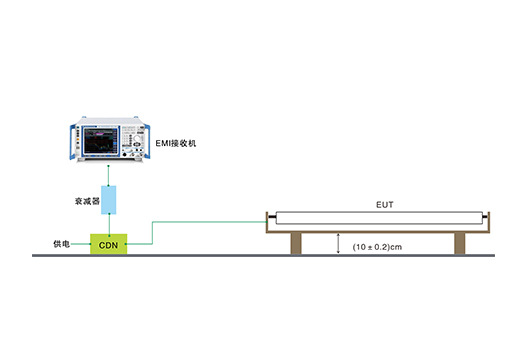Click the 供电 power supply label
click(64, 244)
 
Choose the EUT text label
click(384, 205)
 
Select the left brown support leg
click(297, 243)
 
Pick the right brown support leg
click(459, 243)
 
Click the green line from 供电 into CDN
click(80, 244)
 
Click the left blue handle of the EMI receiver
click(72, 143)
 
